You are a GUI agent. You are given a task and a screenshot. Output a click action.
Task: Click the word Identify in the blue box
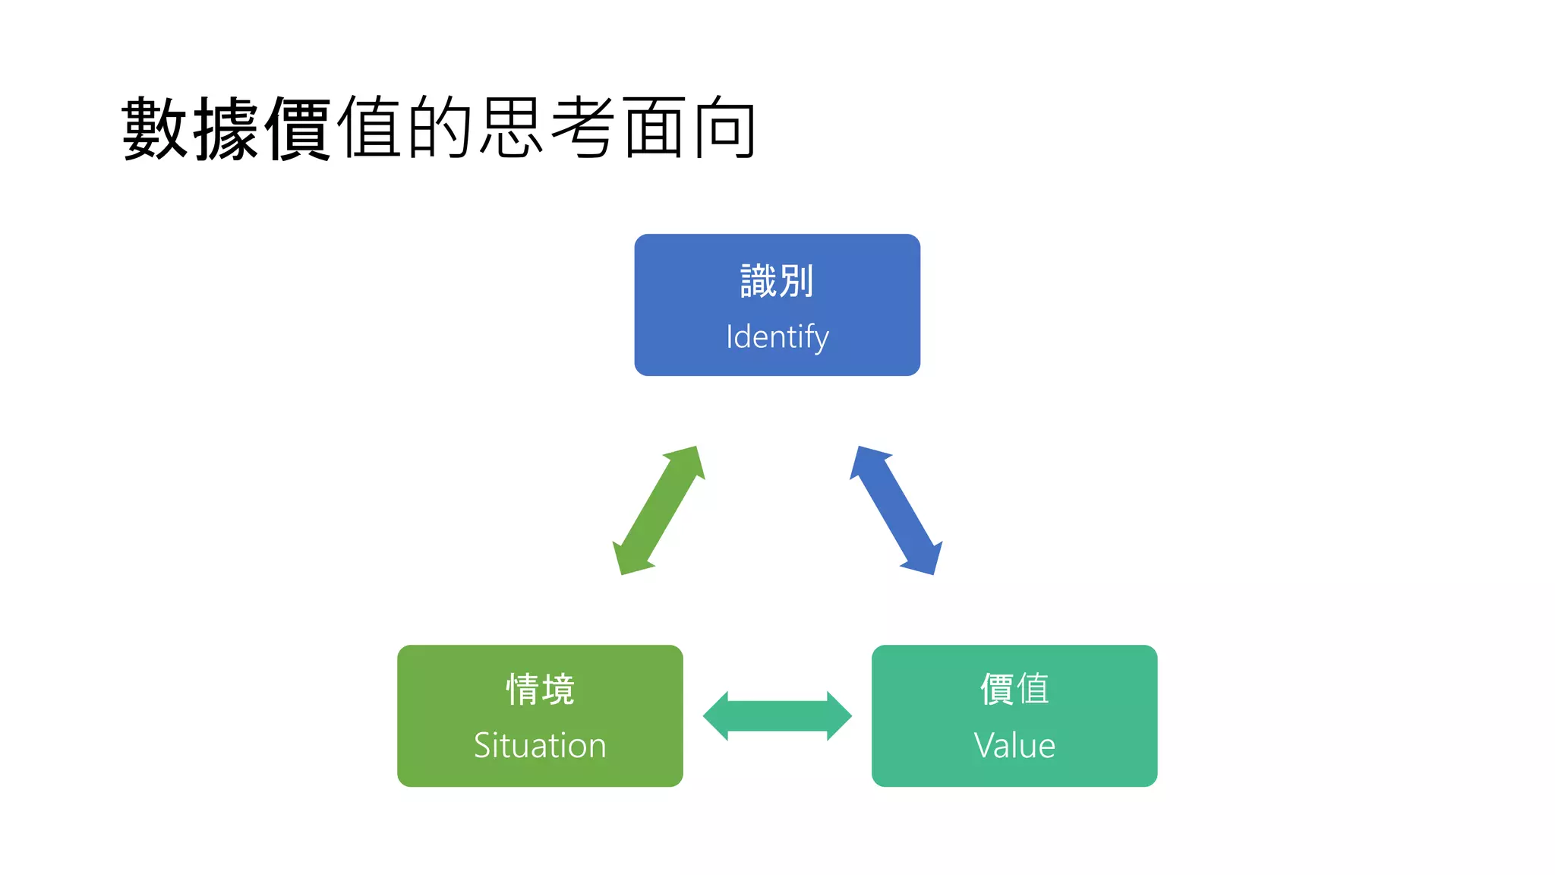coord(777,336)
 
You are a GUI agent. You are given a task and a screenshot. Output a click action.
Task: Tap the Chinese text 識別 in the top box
coord(777,281)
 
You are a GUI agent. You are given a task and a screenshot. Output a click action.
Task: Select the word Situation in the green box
coord(540,745)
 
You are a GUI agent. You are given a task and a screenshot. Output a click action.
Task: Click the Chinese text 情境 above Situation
coord(540,690)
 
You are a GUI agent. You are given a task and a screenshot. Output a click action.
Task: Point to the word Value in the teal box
coord(1014,745)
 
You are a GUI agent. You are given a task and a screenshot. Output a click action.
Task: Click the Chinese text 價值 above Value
coord(1014,690)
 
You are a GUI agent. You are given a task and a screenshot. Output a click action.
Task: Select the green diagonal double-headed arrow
coord(658,510)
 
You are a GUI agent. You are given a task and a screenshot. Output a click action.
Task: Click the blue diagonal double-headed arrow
coord(896,510)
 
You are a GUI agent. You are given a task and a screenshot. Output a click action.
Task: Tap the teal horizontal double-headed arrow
coord(777,715)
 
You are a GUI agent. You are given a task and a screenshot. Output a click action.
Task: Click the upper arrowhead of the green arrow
coord(687,461)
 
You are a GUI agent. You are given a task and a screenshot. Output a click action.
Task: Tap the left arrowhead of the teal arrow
coord(718,715)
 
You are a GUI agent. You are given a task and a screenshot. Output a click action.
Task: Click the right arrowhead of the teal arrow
coord(837,715)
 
